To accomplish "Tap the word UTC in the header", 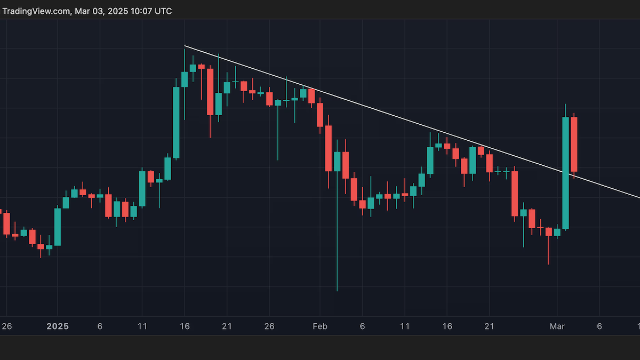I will [162, 11].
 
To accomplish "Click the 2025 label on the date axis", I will [58, 326].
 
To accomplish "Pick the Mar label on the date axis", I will [557, 326].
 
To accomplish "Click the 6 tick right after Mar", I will [599, 326].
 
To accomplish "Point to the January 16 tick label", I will [185, 326].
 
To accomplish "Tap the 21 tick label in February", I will [490, 326].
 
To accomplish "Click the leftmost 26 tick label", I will [6, 326].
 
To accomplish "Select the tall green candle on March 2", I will [565, 173].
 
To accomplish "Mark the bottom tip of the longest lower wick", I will [337, 291].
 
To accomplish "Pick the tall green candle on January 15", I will [176, 123].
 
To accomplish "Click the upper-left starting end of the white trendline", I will [185, 46].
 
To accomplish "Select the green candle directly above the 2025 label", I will [58, 227].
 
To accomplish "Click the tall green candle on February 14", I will [430, 161].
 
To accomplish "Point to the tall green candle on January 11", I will [142, 188].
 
